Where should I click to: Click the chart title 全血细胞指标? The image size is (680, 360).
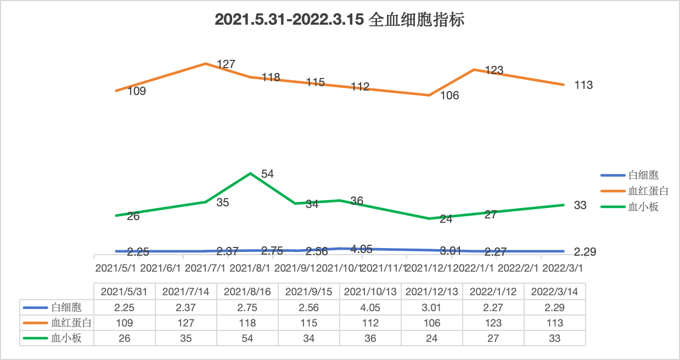[x=340, y=20]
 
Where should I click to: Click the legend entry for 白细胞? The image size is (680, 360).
[x=643, y=176]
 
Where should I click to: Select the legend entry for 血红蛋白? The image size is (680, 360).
[x=648, y=191]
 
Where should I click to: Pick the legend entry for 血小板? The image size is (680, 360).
[x=643, y=207]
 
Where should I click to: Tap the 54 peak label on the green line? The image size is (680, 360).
[x=267, y=174]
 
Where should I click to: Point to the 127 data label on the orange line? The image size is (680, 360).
[x=226, y=64]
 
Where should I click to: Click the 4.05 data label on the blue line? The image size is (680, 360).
[x=361, y=249]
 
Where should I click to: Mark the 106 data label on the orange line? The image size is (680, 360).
[x=449, y=95]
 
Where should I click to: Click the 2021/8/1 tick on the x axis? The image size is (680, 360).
[x=250, y=268]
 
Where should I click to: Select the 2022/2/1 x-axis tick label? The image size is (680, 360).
[x=519, y=268]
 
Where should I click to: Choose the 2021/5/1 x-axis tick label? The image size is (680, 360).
[x=115, y=268]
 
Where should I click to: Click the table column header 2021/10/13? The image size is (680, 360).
[x=370, y=291]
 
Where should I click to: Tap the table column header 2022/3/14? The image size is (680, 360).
[x=555, y=291]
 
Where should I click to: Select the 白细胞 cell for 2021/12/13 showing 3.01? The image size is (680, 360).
[x=432, y=307]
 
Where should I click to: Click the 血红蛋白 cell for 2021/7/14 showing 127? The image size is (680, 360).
[x=186, y=323]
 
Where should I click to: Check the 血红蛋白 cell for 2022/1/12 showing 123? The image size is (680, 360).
[x=493, y=323]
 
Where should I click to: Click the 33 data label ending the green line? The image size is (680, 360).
[x=580, y=205]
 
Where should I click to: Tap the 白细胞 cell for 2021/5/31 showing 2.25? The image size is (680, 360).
[x=125, y=307]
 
